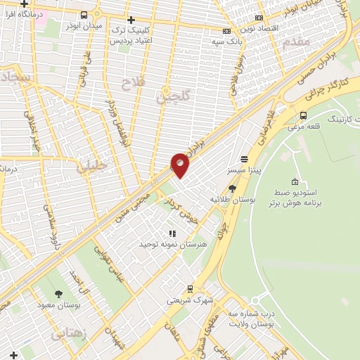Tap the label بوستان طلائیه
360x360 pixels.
pyautogui.click(x=232, y=200)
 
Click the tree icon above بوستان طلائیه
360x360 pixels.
pyautogui.click(x=233, y=188)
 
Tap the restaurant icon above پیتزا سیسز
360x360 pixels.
pyautogui.click(x=244, y=159)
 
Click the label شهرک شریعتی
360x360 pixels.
pyautogui.click(x=189, y=300)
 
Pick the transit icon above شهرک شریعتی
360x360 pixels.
pyautogui.click(x=189, y=288)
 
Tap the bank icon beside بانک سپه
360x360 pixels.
pyautogui.click(x=226, y=31)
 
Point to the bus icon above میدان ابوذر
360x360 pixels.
pyautogui.click(x=84, y=15)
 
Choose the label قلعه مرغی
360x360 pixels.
pyautogui.click(x=304, y=127)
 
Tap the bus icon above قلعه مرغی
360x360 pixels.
pyautogui.click(x=304, y=115)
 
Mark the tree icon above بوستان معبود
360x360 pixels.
pyautogui.click(x=58, y=294)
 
